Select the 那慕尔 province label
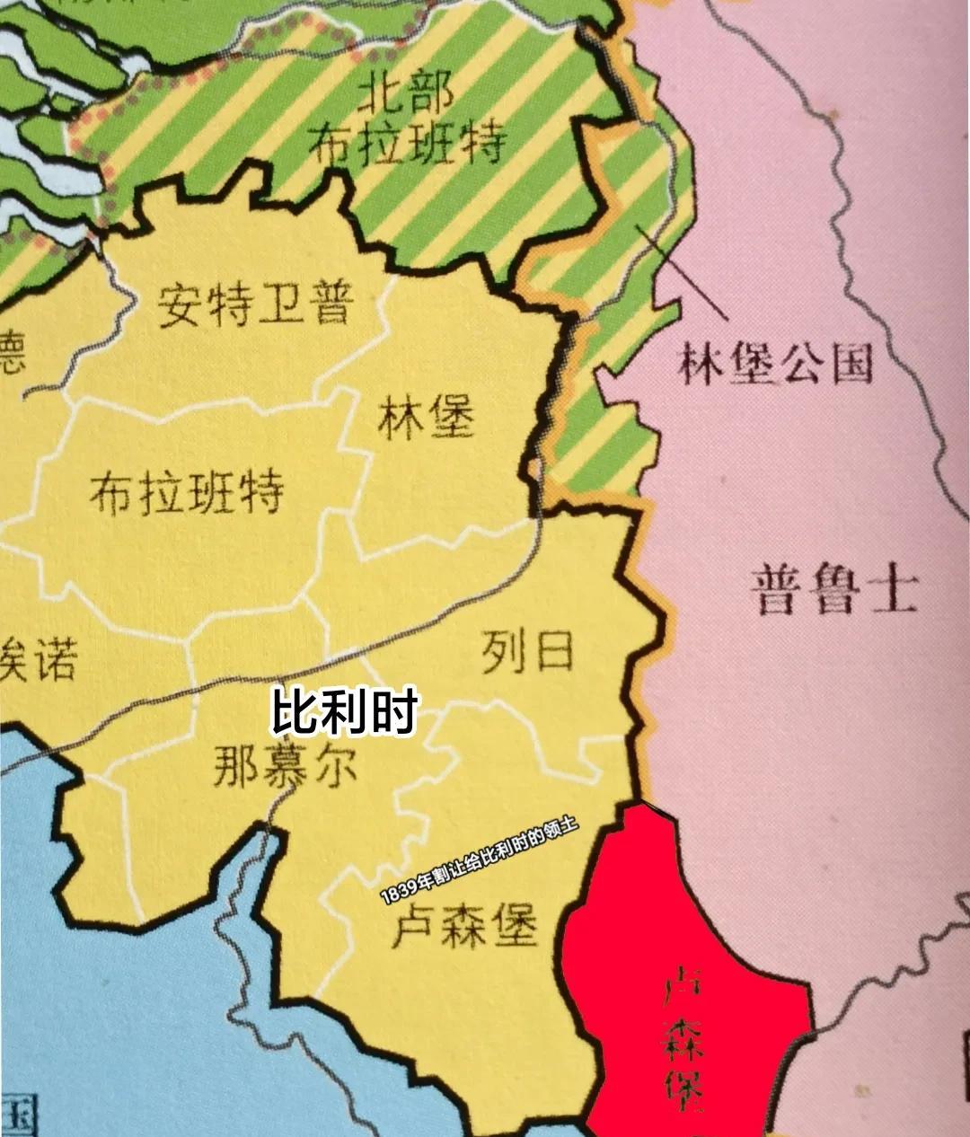[286, 768]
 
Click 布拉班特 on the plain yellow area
[187, 491]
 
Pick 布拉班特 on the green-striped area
[407, 144]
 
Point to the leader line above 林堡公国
[683, 274]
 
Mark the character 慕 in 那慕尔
[286, 768]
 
